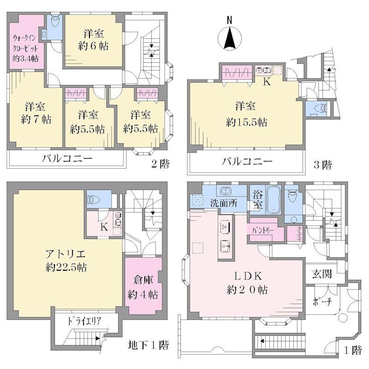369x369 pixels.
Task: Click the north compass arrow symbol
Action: [230, 38]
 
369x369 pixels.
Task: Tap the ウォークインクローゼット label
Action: [25, 48]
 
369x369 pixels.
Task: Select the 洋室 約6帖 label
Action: [94, 40]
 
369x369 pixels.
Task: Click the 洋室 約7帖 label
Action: [36, 113]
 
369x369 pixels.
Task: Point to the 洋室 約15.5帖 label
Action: [246, 114]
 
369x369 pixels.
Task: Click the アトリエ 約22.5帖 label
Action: [66, 261]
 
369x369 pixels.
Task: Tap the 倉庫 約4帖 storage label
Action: [143, 287]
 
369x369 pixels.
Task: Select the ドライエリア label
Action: [84, 321]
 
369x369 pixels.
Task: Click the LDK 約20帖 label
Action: [247, 283]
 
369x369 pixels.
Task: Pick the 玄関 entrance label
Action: [322, 274]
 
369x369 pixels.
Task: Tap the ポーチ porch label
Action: [322, 302]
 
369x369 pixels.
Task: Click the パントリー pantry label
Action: [263, 231]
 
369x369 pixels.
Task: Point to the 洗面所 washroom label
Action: [224, 203]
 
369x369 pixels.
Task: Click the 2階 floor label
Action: [160, 164]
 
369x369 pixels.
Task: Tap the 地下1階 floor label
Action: [149, 345]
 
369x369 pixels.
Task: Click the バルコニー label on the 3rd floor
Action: [247, 161]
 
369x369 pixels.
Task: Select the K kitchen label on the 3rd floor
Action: [267, 82]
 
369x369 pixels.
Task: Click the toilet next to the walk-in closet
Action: [55, 21]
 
